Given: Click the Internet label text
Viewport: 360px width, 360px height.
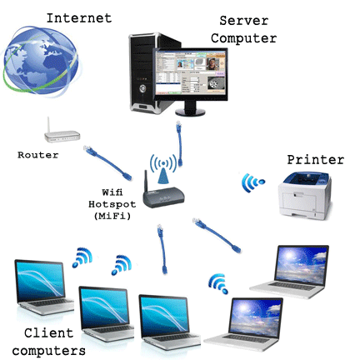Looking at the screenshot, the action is click(79, 18).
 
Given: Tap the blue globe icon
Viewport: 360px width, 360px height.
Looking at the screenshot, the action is click(41, 60).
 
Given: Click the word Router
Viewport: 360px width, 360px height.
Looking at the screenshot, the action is click(38, 155).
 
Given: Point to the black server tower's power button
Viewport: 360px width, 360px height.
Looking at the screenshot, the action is click(142, 88).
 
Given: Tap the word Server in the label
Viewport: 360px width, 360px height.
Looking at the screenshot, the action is click(244, 21).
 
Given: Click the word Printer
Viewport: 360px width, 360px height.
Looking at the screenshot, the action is click(316, 160).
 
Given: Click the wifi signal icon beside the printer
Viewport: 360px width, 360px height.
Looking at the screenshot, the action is click(252, 182).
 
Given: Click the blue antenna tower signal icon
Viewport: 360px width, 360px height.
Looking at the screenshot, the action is click(163, 169).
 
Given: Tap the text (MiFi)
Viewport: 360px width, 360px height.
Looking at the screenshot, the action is click(112, 216).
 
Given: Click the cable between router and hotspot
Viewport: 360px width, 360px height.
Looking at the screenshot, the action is click(107, 162).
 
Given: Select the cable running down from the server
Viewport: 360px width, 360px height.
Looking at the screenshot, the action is click(179, 143).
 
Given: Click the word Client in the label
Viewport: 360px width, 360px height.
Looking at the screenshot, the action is click(48, 332).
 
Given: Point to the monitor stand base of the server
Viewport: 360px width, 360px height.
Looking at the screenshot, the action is click(191, 112).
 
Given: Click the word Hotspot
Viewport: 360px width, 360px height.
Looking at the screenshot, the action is click(112, 204).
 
